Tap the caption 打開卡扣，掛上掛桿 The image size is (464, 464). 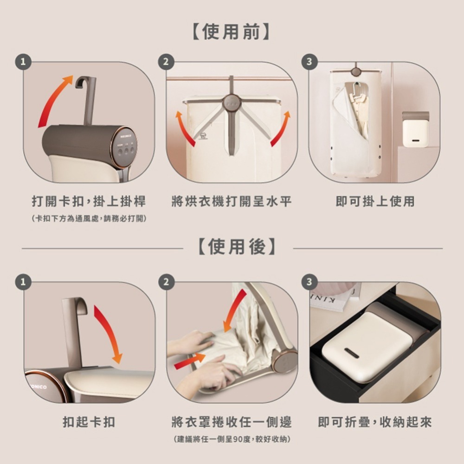pos(88,201)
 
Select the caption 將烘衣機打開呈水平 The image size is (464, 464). pos(232,201)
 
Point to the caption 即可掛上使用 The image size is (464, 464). pos(375,201)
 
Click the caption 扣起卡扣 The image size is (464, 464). pos(89,422)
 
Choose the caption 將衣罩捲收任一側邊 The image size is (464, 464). pos(232,422)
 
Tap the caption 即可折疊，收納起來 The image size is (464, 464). pos(375,422)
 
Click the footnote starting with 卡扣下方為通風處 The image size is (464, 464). pos(88,218)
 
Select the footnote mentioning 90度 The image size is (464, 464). pos(232,438)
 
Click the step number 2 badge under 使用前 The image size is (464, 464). pos(166,61)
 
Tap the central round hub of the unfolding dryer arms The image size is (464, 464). pos(232,103)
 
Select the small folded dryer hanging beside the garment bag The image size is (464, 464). pos(415,130)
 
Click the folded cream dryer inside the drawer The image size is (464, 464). pos(367,346)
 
